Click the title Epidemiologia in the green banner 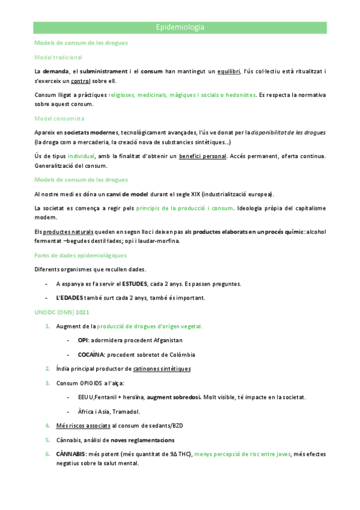(x=180, y=28)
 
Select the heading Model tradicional (x=58, y=57)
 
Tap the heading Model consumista (x=59, y=118)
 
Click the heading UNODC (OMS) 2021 (x=63, y=312)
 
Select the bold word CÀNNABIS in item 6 (x=70, y=454)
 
